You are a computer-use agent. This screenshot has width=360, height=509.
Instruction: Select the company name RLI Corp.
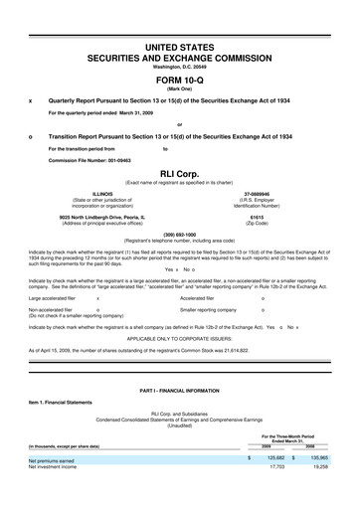[180, 171]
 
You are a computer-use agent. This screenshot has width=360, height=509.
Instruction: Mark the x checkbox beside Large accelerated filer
[97, 297]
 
